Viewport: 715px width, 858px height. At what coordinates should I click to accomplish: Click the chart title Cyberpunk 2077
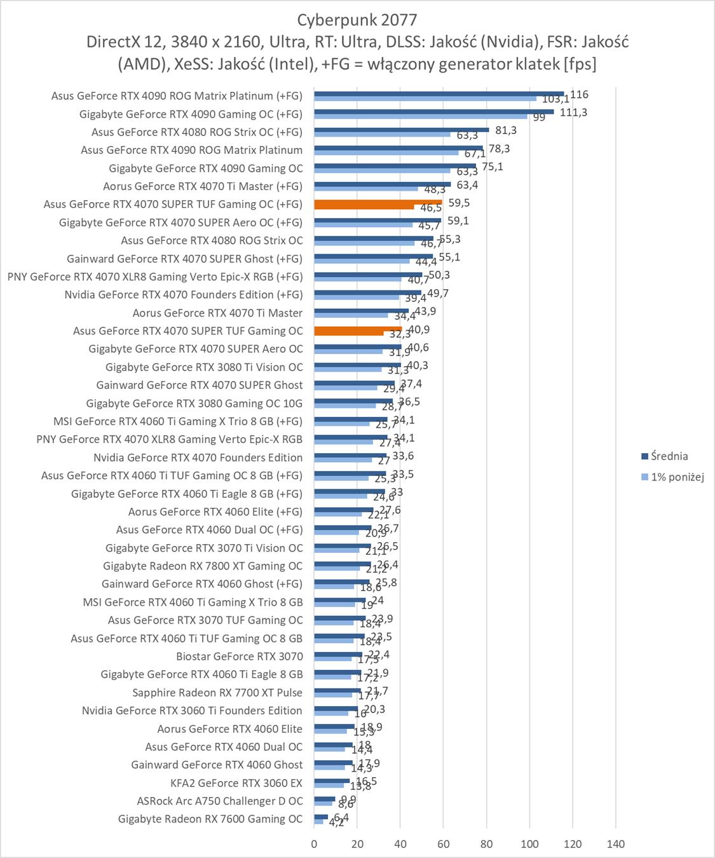pyautogui.click(x=357, y=20)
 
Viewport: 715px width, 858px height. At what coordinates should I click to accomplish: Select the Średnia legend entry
pyautogui.click(x=669, y=456)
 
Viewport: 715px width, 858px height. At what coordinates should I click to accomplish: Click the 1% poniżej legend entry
pyautogui.click(x=677, y=477)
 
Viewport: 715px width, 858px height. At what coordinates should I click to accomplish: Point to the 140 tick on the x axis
pyautogui.click(x=615, y=844)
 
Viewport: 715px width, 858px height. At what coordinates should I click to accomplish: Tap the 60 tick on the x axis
pyautogui.click(x=443, y=844)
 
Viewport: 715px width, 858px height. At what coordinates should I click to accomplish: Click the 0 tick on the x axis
pyautogui.click(x=314, y=844)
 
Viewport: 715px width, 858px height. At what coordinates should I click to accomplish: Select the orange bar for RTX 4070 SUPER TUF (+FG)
pyautogui.click(x=378, y=202)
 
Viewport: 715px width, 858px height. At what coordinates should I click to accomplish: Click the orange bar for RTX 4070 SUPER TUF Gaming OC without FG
pyautogui.click(x=358, y=329)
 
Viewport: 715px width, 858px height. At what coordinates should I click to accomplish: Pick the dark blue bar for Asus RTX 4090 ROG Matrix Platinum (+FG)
pyautogui.click(x=439, y=93)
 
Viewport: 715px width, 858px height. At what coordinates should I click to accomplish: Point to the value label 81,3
pyautogui.click(x=505, y=130)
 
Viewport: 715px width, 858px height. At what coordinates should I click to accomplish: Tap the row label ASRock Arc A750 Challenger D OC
pyautogui.click(x=220, y=801)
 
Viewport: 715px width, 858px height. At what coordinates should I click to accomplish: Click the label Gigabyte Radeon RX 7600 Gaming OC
pyautogui.click(x=210, y=819)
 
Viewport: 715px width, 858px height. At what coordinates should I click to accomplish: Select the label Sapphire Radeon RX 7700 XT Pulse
pyautogui.click(x=217, y=693)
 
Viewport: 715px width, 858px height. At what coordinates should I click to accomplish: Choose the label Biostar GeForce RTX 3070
pyautogui.click(x=240, y=657)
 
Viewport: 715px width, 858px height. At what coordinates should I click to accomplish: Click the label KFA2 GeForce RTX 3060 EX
pyautogui.click(x=236, y=783)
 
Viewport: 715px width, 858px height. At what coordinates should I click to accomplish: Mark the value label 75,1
pyautogui.click(x=492, y=167)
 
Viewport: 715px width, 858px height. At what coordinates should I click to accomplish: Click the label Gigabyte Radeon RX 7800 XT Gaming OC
pyautogui.click(x=203, y=566)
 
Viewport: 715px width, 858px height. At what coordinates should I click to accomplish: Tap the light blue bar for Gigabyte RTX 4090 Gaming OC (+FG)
pyautogui.click(x=420, y=116)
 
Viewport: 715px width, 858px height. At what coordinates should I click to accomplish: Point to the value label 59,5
pyautogui.click(x=458, y=203)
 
